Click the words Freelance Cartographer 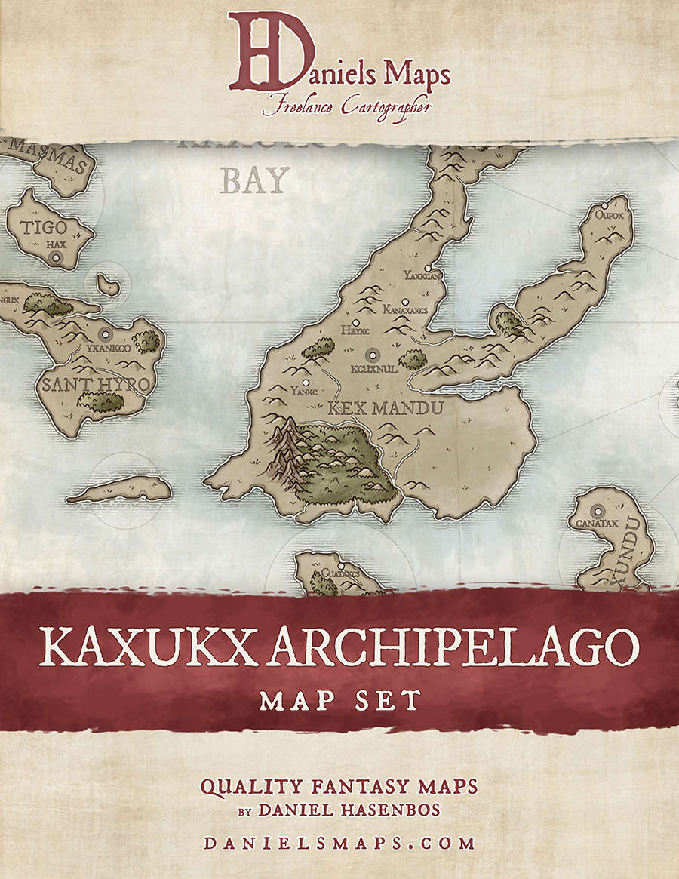coord(346,107)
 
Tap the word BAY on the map coord(255,180)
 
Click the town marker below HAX coord(55,258)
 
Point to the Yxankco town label coord(109,349)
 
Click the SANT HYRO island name coord(96,385)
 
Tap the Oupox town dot coord(605,205)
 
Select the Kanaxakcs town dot coord(405,302)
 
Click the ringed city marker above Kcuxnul coord(371,354)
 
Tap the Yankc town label coord(302,392)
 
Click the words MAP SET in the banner coord(339,701)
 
